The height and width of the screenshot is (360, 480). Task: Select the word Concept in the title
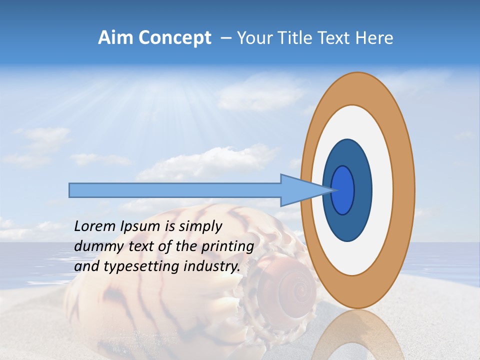[x=175, y=38]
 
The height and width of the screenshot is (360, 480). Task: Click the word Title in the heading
[x=296, y=38]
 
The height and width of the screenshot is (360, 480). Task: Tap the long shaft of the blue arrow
[x=175, y=190]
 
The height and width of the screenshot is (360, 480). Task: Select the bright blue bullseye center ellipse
[x=343, y=190]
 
